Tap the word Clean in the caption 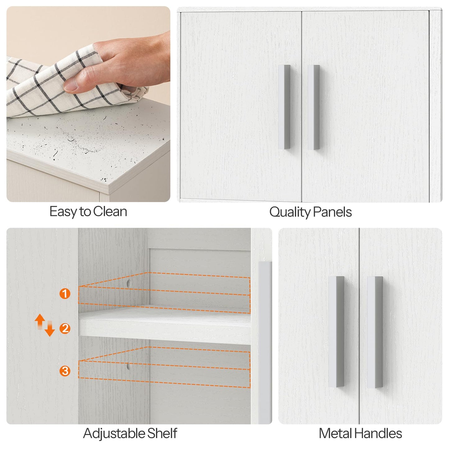(110, 212)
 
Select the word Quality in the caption (290, 213)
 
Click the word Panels (332, 212)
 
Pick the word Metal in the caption (336, 433)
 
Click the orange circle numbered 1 (65, 293)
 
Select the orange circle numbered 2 (65, 328)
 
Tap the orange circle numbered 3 (65, 370)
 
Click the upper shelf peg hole (129, 283)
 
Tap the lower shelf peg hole (129, 366)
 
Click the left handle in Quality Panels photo (284, 107)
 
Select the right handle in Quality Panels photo (314, 107)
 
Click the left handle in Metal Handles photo (336, 331)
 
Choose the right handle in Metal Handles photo (374, 332)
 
